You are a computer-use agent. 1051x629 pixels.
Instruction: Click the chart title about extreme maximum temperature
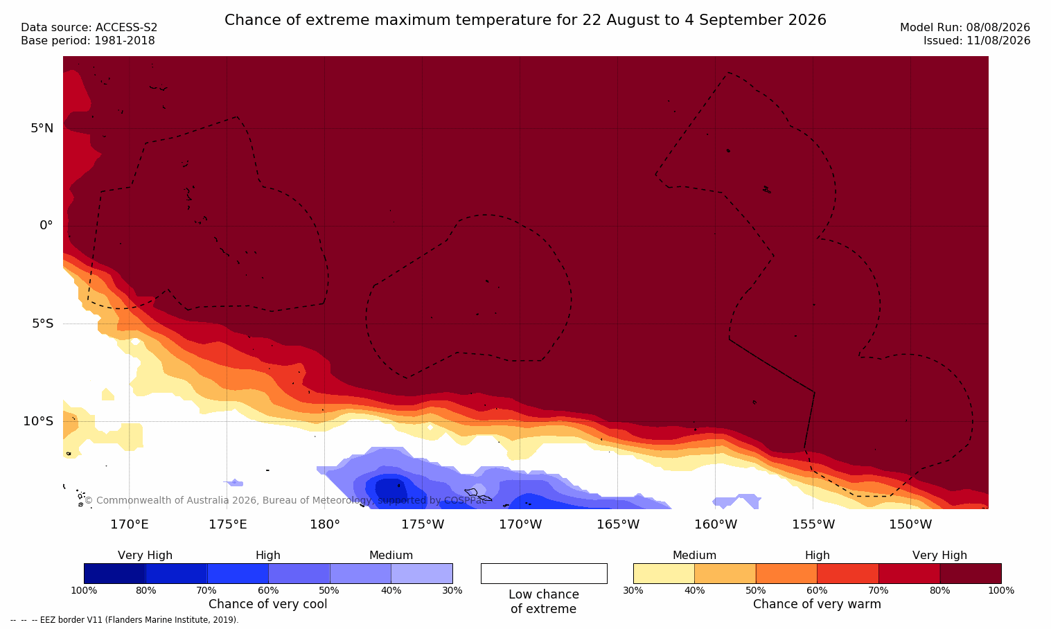point(525,20)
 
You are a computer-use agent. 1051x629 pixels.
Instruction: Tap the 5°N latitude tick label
point(42,128)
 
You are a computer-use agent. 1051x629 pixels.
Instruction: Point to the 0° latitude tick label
point(46,226)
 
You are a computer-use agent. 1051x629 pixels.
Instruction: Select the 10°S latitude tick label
point(39,421)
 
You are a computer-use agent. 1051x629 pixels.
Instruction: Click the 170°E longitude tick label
point(130,524)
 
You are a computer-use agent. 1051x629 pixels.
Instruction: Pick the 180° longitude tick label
point(325,524)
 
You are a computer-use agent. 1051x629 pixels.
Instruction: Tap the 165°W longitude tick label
point(618,524)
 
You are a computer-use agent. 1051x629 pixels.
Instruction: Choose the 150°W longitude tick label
point(911,524)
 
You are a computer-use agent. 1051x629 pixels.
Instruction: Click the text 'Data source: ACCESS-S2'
point(89,28)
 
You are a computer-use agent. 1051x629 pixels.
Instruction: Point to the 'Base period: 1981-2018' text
point(88,41)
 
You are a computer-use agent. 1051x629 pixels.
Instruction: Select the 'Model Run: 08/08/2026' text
point(964,28)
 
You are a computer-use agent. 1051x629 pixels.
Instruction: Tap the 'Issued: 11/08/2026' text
point(977,41)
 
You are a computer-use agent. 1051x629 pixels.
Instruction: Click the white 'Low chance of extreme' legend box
point(544,573)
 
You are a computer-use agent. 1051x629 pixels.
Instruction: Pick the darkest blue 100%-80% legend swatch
point(115,573)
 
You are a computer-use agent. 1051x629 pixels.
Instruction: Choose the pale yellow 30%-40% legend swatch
point(664,573)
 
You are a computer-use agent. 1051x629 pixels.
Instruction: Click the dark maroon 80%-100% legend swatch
point(971,573)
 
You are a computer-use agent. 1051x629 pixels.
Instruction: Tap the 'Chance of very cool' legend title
point(268,604)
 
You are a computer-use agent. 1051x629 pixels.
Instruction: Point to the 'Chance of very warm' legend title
point(817,604)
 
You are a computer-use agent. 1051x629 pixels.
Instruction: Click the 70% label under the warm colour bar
point(878,590)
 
